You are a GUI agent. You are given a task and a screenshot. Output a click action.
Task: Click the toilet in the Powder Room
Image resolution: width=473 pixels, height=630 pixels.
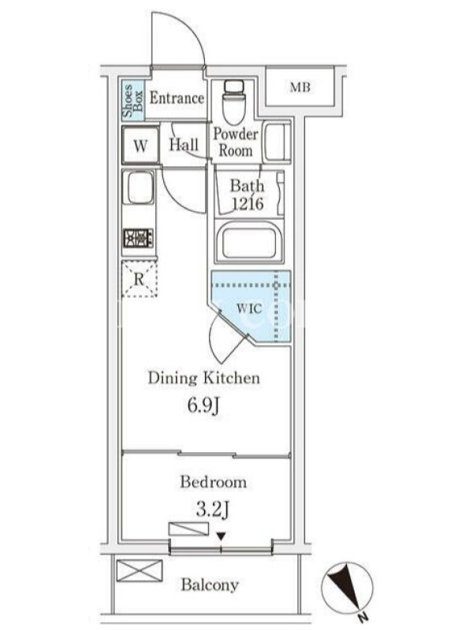(233, 102)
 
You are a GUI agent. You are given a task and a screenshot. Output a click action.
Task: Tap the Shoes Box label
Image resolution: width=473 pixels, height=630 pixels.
(132, 100)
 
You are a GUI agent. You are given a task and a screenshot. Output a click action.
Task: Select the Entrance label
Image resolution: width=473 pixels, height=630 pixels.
(177, 98)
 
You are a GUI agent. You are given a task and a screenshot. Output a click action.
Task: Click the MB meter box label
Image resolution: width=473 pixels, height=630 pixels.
(300, 87)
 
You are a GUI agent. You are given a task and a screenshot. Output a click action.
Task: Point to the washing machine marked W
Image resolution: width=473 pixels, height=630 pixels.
(140, 145)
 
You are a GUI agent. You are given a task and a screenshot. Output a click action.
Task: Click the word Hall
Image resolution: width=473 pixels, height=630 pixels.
(184, 145)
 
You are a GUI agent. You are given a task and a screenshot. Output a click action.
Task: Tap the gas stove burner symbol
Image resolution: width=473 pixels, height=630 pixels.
(138, 239)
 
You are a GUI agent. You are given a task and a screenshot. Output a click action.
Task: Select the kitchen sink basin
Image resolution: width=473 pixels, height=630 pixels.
(139, 187)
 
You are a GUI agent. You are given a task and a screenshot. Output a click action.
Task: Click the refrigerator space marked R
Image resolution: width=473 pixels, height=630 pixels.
(140, 279)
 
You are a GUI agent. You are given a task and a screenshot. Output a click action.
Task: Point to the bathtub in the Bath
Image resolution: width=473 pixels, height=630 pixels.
(246, 243)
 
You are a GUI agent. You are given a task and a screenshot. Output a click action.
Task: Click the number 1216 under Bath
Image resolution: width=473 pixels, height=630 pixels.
(248, 204)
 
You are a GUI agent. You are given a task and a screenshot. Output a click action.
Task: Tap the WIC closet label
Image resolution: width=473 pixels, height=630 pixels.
(249, 309)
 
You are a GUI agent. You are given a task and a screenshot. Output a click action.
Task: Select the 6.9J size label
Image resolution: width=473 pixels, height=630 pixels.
(203, 406)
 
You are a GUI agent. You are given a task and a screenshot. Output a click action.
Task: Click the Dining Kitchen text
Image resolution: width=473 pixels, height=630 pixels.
(204, 378)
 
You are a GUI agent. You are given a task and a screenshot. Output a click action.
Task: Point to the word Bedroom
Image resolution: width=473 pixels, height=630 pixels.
(213, 482)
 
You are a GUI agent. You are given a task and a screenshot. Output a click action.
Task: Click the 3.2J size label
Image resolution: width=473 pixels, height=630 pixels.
(212, 510)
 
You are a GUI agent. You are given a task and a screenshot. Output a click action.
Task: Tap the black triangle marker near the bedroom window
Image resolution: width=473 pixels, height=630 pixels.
(221, 536)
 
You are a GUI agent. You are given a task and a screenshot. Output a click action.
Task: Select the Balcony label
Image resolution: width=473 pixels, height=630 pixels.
(210, 584)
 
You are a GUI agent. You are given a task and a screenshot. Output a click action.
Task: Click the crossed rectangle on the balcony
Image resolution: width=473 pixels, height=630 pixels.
(140, 571)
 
